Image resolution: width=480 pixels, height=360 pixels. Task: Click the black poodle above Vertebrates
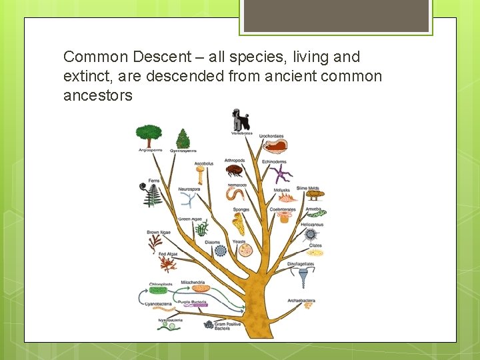click(240, 121)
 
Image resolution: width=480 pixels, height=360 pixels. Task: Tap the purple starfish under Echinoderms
click(281, 175)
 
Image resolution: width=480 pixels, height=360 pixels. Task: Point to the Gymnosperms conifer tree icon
click(183, 139)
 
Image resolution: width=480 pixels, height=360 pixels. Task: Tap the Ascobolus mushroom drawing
click(201, 175)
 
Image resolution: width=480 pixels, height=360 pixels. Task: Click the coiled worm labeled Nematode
click(235, 195)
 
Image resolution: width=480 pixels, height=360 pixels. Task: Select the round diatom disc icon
click(220, 251)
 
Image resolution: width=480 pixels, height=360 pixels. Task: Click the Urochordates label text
click(271, 136)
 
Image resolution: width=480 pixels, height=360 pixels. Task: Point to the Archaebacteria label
click(301, 301)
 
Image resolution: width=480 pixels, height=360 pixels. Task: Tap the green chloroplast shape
click(159, 290)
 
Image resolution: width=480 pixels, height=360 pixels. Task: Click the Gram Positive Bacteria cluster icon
click(208, 325)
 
